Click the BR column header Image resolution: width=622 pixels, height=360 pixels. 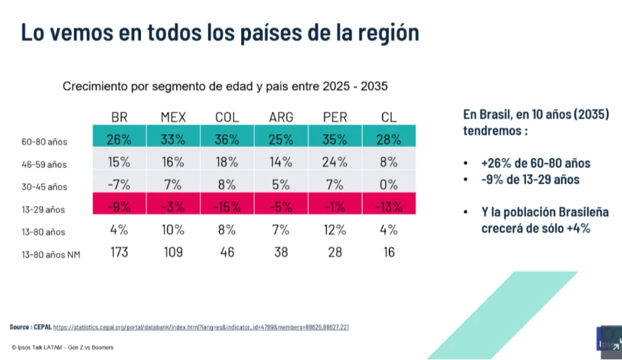tap(119, 117)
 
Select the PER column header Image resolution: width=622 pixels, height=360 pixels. tap(335, 117)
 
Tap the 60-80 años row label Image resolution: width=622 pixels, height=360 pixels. tap(44, 142)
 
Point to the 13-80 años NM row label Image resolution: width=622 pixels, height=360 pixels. tap(51, 255)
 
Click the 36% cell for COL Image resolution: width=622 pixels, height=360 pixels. tap(227, 139)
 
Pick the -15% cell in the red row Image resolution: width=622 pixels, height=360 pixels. tap(227, 207)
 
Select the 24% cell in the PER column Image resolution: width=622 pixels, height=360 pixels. tap(335, 162)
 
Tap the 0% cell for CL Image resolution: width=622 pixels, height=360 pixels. tap(389, 184)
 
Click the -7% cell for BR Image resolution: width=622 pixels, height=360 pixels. tap(119, 184)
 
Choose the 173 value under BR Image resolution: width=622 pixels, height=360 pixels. tap(119, 252)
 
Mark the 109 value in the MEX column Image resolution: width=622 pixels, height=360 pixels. tap(173, 252)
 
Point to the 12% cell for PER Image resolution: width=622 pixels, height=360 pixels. tap(335, 229)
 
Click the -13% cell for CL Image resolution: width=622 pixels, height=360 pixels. tap(389, 207)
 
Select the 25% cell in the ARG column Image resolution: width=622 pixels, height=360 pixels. tap(281, 139)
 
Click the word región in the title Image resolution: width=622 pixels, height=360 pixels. tap(389, 32)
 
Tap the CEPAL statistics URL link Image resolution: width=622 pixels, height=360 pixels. tap(201, 328)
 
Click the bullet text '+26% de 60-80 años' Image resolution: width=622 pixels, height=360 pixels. tap(536, 163)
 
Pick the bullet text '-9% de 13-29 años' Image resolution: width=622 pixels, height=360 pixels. tap(531, 179)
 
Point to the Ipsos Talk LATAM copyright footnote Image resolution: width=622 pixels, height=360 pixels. tap(63, 347)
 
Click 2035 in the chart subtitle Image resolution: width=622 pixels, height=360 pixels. tap(374, 86)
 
